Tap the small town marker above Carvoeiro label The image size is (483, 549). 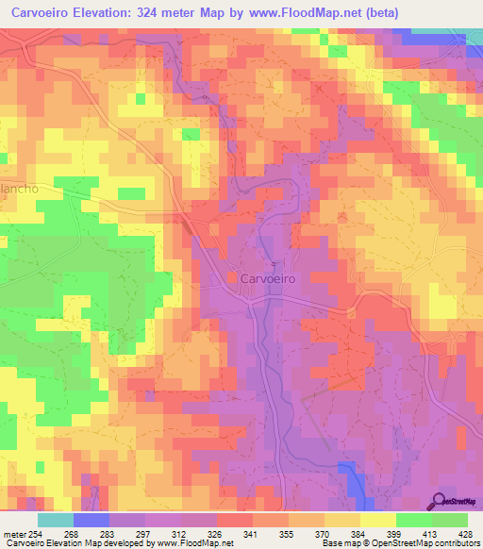click(x=274, y=264)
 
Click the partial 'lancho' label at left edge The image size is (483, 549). click(x=18, y=189)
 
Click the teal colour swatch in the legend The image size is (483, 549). click(x=55, y=520)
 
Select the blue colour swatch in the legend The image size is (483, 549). click(x=91, y=520)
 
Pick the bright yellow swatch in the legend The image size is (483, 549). click(x=376, y=520)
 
